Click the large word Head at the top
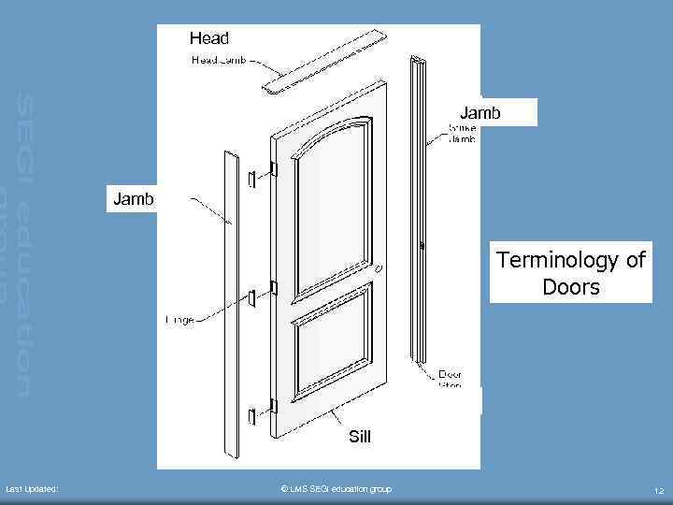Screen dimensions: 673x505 coord(208,38)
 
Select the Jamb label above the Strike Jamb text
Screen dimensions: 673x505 coord(480,113)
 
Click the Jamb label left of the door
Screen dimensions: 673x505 coord(134,198)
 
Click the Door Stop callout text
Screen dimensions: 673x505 coord(451,380)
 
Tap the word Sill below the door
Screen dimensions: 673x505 coord(359,436)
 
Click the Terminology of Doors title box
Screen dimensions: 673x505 coord(570,273)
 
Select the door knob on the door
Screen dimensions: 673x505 coord(379,267)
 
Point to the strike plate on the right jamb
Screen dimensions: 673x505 coord(423,246)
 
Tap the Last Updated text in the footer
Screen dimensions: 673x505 coord(32,489)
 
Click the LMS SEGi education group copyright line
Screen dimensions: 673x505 coord(336,489)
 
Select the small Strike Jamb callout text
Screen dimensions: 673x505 coord(461,132)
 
